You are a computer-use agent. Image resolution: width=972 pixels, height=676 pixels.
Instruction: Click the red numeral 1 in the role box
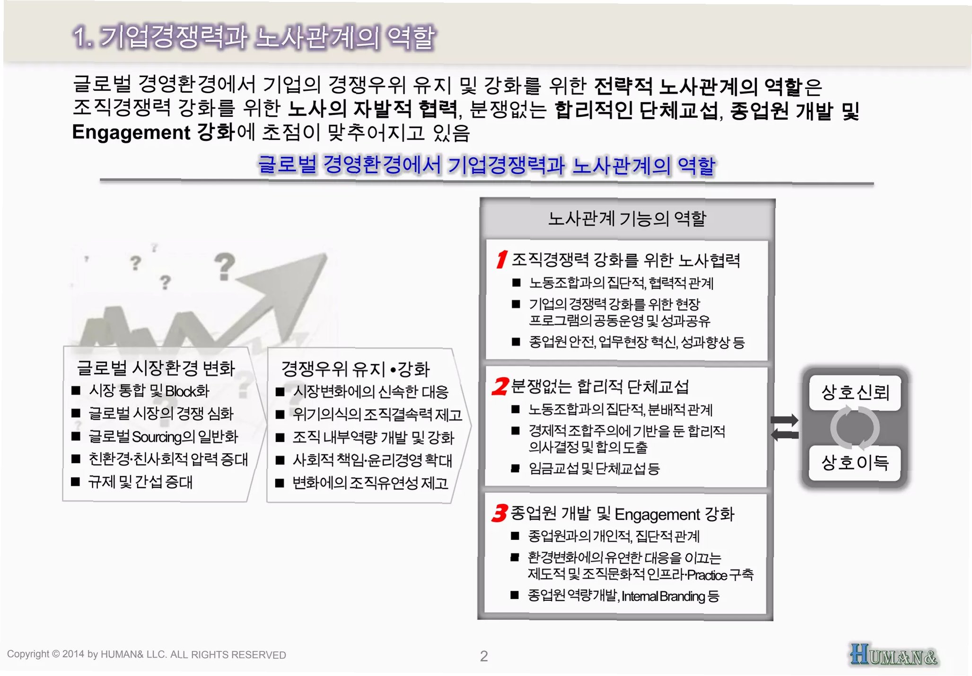(501, 259)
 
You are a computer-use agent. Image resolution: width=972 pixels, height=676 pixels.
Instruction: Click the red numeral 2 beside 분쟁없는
(500, 386)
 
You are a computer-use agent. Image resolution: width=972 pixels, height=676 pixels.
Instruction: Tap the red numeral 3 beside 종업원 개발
(499, 513)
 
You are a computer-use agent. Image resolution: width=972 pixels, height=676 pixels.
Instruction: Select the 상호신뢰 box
(855, 392)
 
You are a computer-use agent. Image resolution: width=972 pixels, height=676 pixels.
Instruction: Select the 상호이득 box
(855, 462)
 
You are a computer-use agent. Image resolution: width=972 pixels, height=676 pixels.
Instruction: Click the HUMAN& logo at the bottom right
(893, 655)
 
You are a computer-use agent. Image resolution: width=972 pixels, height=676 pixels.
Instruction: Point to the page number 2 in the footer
(483, 656)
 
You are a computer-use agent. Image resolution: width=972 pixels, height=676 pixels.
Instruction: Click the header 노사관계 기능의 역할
(627, 219)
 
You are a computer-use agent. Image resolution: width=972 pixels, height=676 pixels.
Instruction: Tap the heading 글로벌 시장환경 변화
(156, 368)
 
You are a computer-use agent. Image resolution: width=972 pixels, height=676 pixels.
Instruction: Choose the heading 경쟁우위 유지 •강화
(355, 369)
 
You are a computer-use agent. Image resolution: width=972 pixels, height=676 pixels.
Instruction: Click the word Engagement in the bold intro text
(131, 132)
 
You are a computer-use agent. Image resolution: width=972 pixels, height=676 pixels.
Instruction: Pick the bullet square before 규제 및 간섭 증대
(76, 482)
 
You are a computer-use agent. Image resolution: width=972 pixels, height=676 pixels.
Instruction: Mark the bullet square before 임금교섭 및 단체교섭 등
(516, 469)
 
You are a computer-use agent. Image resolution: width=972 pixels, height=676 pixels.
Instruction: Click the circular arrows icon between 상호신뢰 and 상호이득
(855, 428)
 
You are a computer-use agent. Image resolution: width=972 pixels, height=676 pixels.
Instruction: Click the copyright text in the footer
(146, 655)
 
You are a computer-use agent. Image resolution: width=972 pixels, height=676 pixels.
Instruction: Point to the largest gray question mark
(224, 266)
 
